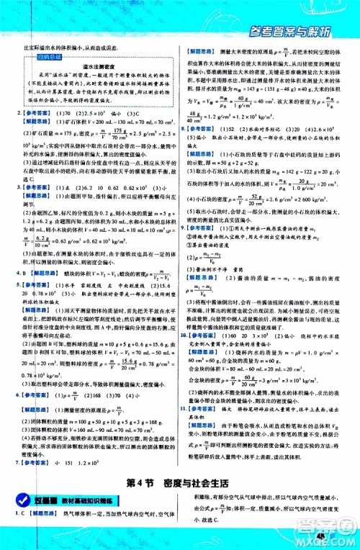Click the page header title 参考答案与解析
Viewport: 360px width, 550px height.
(302, 30)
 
